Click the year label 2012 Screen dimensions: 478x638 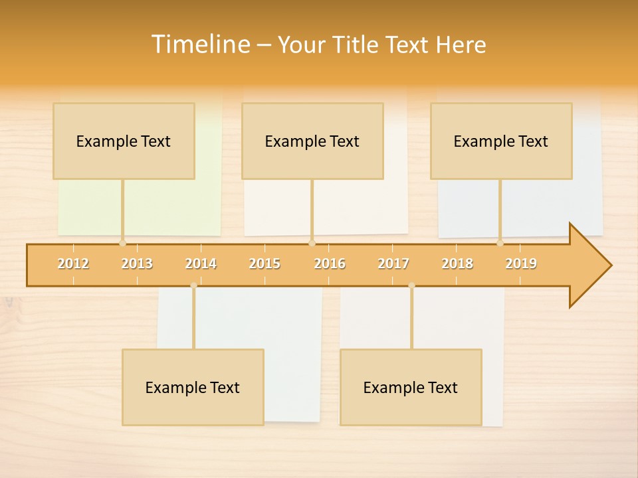coord(73,264)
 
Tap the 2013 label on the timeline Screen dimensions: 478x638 coord(137,264)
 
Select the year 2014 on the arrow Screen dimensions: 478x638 coord(201,264)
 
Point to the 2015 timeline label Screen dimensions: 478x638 coord(265,264)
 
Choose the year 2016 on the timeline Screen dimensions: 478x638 coord(330,264)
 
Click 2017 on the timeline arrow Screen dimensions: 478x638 coord(393,264)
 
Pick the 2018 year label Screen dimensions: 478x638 coord(457,264)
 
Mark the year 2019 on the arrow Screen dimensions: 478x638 coord(521,264)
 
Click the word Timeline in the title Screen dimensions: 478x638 coord(200,44)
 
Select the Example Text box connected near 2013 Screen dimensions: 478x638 coord(124,141)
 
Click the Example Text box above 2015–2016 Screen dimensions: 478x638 coord(312,141)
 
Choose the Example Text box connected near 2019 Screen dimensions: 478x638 coord(501,141)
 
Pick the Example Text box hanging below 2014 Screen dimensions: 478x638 coord(193,388)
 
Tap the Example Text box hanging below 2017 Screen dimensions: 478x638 coord(411,388)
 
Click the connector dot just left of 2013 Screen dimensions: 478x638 coord(122,243)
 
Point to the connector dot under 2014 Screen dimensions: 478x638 coord(193,285)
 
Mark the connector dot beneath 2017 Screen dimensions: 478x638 coord(411,285)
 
